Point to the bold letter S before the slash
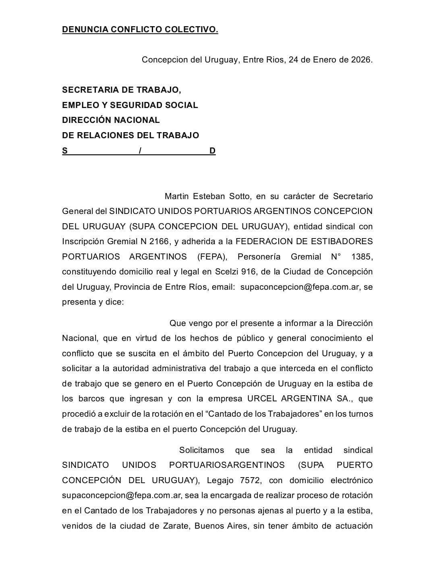pyautogui.click(x=65, y=151)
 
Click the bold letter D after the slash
pyautogui.click(x=212, y=151)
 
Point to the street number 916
pyautogui.click(x=249, y=272)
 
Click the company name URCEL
pyautogui.click(x=262, y=399)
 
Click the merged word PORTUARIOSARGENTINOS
pyautogui.click(x=227, y=465)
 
